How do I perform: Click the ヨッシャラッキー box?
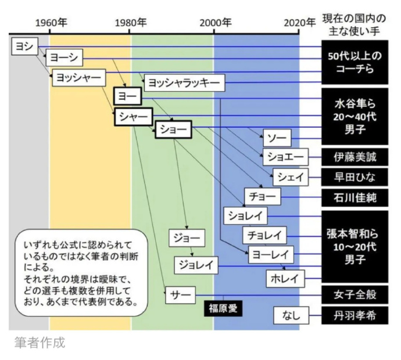tap(183, 83)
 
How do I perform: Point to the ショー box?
tap(173, 129)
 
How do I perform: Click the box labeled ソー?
tap(276, 138)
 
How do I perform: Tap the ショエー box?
tap(284, 157)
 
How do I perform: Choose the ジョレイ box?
tap(196, 265)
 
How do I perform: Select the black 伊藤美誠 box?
tap(348, 157)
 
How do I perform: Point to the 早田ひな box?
tap(348, 178)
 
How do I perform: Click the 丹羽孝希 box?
tap(348, 316)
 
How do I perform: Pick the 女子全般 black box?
tap(348, 294)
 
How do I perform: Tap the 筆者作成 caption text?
tap(40, 343)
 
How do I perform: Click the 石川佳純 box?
tap(348, 197)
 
